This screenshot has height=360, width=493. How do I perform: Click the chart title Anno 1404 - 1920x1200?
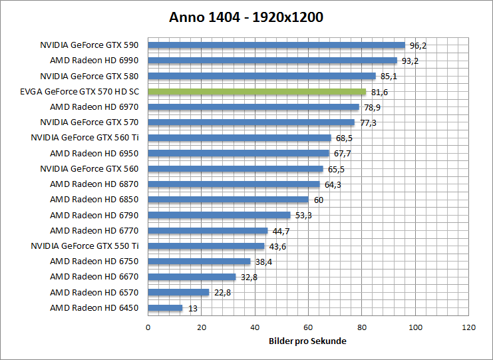click(246, 17)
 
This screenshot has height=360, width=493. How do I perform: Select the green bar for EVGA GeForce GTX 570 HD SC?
click(257, 91)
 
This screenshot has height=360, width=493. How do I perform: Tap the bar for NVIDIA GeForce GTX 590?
click(276, 45)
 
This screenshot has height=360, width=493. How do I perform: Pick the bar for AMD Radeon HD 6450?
click(165, 308)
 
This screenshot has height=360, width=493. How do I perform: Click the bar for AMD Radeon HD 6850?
click(228, 200)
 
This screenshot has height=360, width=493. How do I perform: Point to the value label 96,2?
click(418, 46)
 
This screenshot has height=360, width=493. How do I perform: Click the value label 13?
click(192, 308)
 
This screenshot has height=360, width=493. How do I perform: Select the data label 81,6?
click(379, 92)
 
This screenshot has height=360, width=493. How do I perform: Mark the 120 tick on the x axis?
click(469, 327)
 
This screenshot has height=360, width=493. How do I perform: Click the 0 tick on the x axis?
click(148, 327)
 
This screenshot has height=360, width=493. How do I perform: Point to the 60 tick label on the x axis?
click(308, 327)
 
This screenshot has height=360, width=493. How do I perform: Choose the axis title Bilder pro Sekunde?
click(308, 341)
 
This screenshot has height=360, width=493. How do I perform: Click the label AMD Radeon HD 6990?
click(94, 61)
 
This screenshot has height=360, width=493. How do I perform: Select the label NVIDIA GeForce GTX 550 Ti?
click(84, 246)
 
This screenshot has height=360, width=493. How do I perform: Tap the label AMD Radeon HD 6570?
click(94, 293)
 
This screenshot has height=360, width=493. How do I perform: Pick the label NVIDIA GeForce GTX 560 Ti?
click(84, 138)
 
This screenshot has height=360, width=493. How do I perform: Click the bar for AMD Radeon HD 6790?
click(219, 215)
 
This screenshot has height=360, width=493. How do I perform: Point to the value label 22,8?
click(222, 293)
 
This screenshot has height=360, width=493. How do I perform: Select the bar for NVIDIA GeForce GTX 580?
click(261, 76)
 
